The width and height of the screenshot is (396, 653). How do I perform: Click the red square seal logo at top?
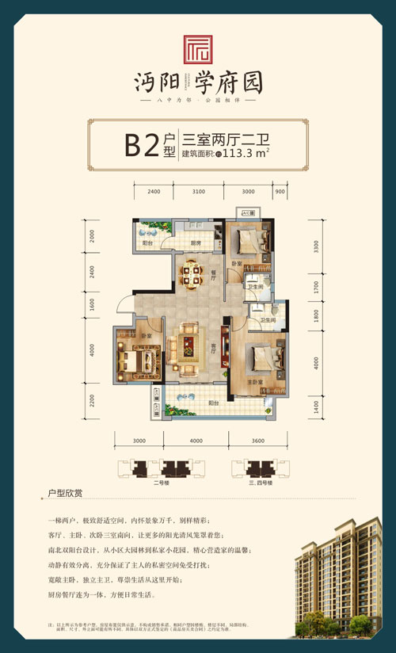(197, 49)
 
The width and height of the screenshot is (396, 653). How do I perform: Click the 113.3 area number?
(236, 155)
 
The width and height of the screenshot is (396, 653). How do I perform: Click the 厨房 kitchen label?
(195, 243)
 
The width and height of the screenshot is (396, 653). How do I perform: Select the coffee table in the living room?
(188, 345)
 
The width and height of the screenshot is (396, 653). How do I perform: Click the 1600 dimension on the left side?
(92, 304)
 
